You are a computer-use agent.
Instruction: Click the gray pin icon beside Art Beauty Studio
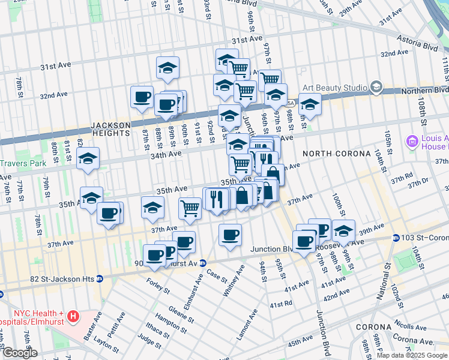pyautogui.click(x=376, y=88)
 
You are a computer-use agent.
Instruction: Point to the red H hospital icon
pyautogui.click(x=73, y=315)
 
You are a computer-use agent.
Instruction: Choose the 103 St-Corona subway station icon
pyautogui.click(x=396, y=238)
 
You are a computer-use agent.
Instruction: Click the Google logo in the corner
pyautogui.click(x=20, y=353)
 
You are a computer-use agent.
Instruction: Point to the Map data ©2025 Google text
pyautogui.click(x=411, y=355)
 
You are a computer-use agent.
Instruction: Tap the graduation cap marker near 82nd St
pyautogui.click(x=88, y=159)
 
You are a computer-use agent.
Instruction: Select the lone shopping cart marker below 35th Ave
pyautogui.click(x=190, y=208)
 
